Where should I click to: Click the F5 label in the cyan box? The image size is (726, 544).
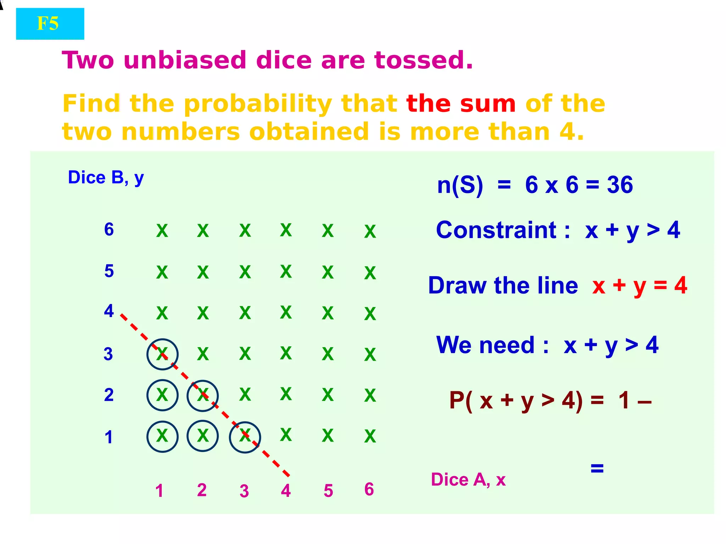[48, 24]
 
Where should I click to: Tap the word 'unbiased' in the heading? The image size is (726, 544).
[185, 60]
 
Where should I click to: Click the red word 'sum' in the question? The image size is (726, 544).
[487, 104]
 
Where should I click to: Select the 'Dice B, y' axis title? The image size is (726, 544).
[106, 178]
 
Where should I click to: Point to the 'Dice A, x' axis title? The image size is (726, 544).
[468, 480]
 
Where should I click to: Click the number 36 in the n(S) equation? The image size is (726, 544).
[620, 185]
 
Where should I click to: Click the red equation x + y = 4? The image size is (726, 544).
[639, 285]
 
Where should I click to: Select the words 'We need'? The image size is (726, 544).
[485, 345]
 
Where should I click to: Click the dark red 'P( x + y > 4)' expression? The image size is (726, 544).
[515, 401]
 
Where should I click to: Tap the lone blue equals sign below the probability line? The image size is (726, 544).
[597, 468]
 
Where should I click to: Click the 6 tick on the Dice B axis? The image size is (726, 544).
[109, 229]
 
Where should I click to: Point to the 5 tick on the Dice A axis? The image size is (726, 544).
[328, 491]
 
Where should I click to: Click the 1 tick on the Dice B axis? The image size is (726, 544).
[108, 437]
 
